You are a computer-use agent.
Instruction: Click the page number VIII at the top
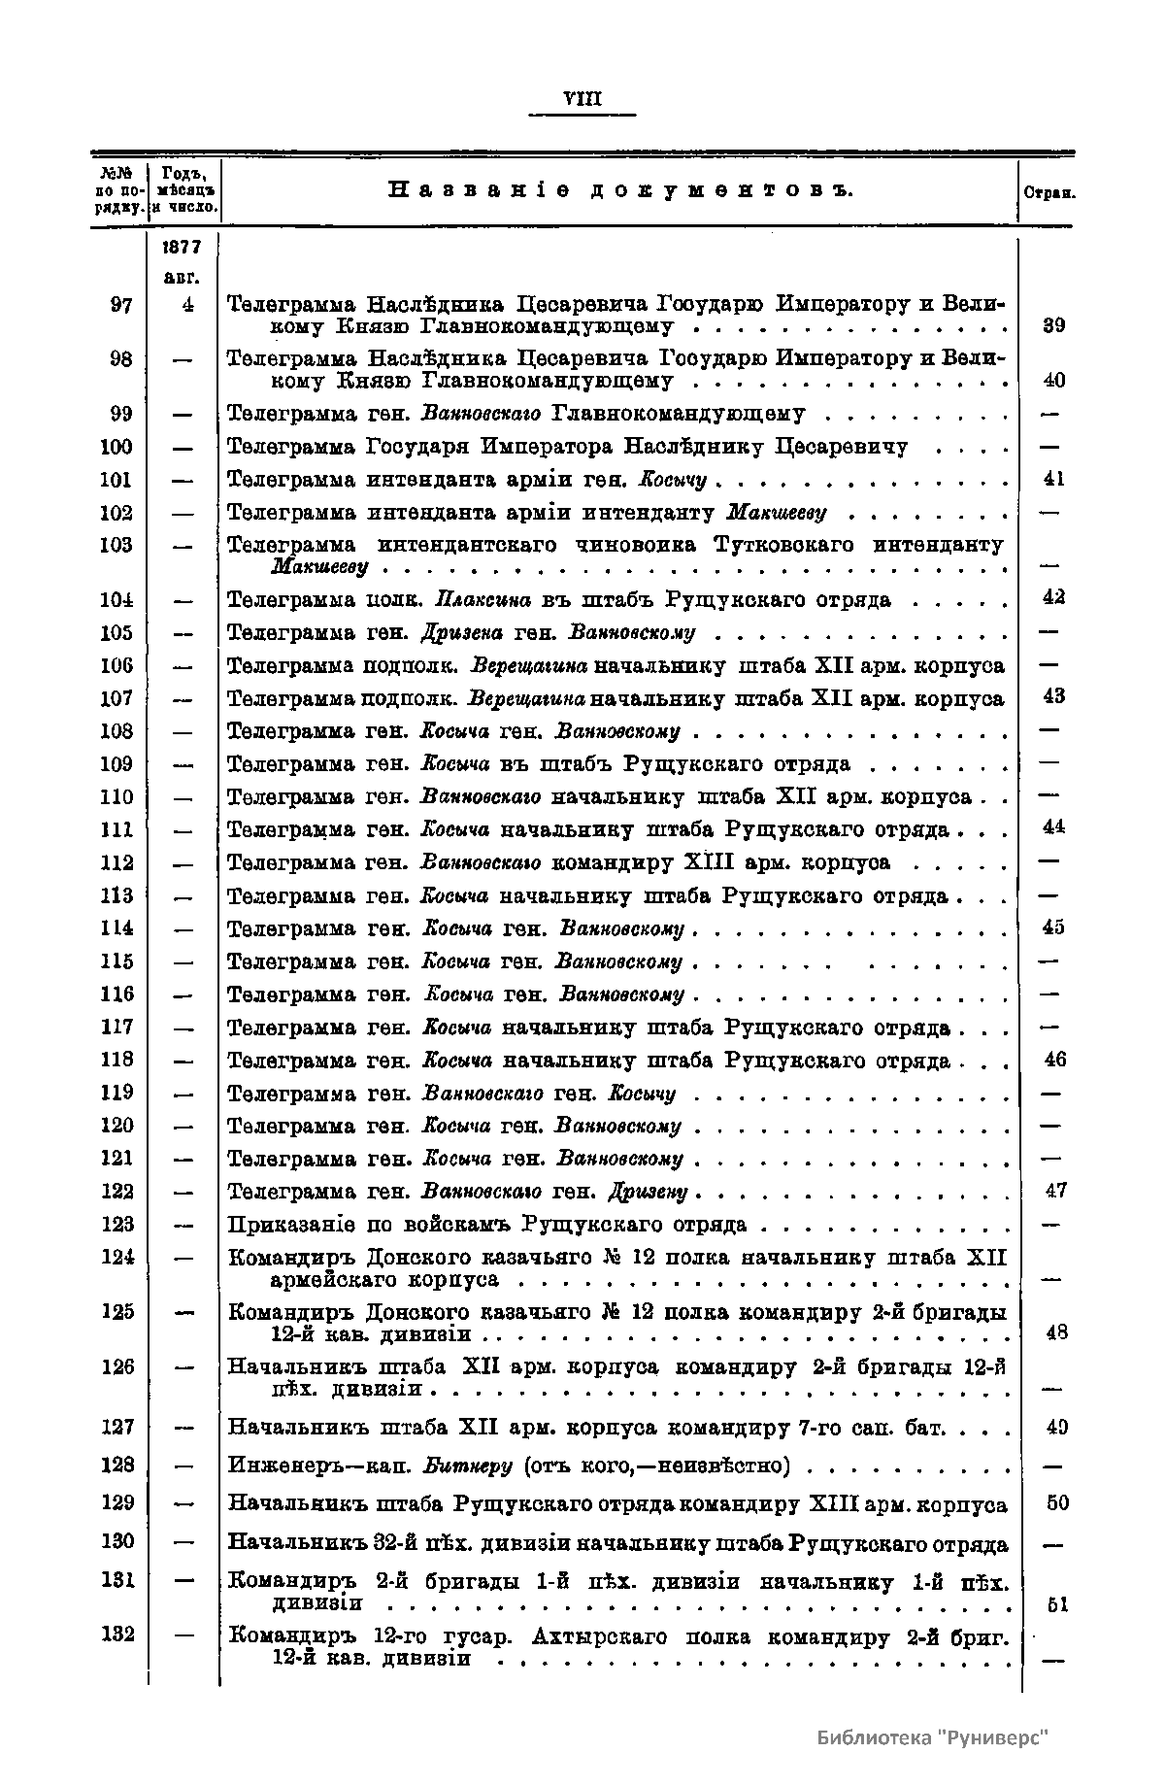pos(582,99)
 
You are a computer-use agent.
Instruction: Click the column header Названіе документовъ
pos(620,190)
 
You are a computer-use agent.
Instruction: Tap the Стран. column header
pos(1048,192)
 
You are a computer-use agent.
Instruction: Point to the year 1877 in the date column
pos(183,247)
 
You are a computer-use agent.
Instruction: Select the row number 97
pos(121,305)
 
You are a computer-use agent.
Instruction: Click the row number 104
pos(117,600)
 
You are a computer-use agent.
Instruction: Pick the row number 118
pos(117,1059)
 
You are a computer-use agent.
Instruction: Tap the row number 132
pos(117,1635)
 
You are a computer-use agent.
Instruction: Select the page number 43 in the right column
pos(1054,696)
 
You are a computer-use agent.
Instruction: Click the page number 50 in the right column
pos(1056,1503)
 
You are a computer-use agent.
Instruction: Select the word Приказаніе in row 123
pos(288,1225)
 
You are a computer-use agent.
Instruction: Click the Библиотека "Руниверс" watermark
pos(933,1737)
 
